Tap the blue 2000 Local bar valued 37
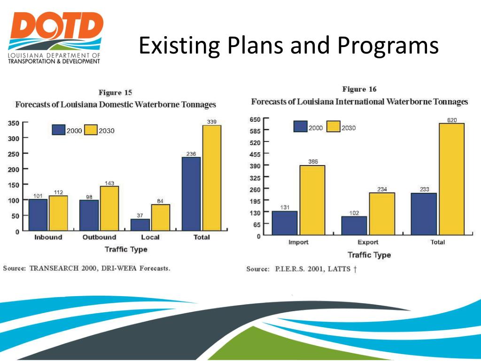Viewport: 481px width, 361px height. pos(140,225)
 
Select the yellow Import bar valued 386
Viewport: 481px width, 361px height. pos(312,200)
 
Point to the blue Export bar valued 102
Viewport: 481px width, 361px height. pos(354,226)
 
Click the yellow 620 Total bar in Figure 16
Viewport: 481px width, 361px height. pos(451,179)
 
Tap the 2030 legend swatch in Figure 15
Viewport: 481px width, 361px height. pos(91,130)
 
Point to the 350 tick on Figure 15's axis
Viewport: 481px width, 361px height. pos(13,123)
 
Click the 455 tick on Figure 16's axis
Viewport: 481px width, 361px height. pos(255,154)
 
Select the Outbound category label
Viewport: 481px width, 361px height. pos(99,237)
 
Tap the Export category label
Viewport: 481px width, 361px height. pos(368,243)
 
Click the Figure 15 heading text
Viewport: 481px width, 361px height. pos(116,93)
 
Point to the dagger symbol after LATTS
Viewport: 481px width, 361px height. pos(355,269)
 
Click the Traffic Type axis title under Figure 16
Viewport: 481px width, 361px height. pos(369,255)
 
